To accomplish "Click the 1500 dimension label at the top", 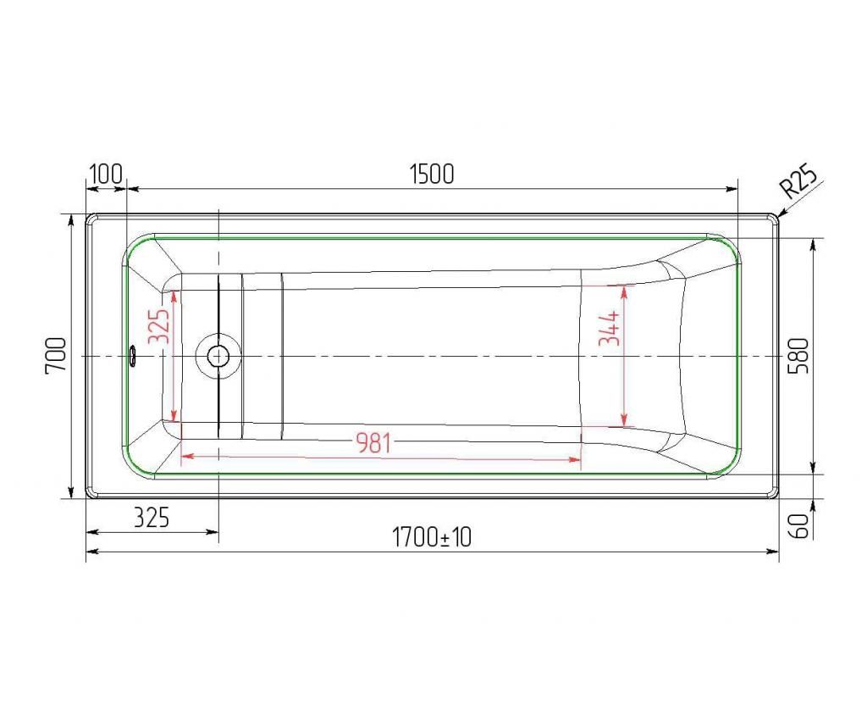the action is point(433,174).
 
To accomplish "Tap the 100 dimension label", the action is point(106,174).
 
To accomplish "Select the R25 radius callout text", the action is point(798,181).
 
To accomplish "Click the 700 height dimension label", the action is point(57,356).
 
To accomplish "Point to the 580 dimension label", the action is point(800,356).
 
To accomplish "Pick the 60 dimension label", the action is point(800,525).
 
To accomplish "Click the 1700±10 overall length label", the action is point(432,537).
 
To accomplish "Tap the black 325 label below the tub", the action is point(151,518).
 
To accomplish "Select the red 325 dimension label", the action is point(158,326).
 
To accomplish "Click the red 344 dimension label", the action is point(610,328).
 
